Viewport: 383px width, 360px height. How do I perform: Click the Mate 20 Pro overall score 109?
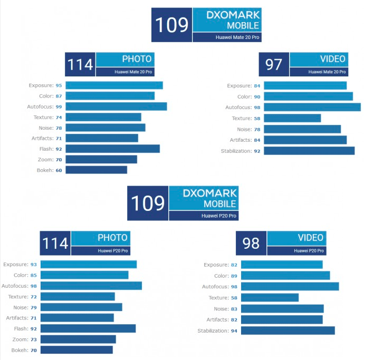pos(171,25)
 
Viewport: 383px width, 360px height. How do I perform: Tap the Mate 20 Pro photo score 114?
pos(80,64)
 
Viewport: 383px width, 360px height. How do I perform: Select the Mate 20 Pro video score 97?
pos(274,64)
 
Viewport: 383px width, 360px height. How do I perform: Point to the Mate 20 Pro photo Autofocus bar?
pos(116,107)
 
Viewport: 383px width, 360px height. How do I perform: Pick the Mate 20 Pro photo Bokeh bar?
pos(96,170)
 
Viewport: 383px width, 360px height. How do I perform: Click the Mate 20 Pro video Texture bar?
pos(292,118)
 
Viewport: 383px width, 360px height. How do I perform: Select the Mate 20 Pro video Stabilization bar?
pos(309,151)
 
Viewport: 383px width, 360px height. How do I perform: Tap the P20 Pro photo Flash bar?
pos(88,328)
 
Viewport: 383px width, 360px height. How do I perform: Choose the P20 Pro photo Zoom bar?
pos(78,339)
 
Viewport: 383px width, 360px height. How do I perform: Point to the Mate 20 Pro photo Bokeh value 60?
pos(59,170)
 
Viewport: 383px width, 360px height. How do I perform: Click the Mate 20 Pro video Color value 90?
pos(257,96)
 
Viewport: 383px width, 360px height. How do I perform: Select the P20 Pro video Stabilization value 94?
pos(235,330)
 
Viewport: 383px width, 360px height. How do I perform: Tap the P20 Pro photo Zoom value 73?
pos(33,339)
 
